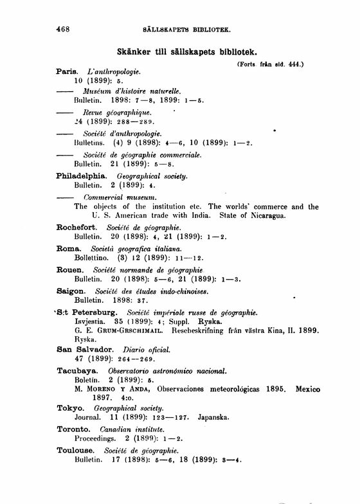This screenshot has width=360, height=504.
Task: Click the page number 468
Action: [x=62, y=29]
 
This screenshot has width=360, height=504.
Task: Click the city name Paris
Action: [x=67, y=72]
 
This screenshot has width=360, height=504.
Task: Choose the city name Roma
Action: [x=68, y=248]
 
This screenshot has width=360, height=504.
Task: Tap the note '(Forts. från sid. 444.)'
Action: [x=269, y=64]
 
